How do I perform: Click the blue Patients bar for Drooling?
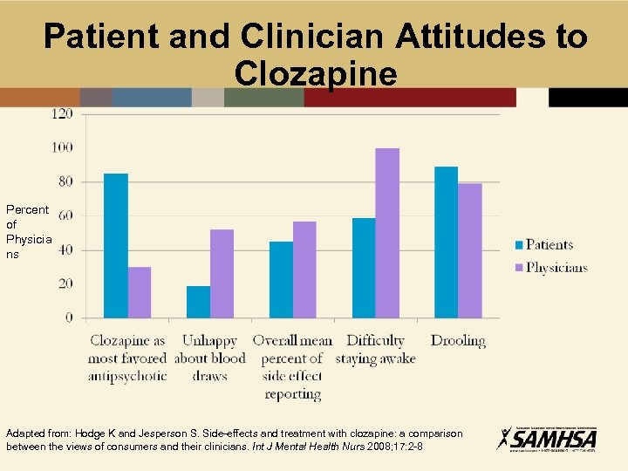[446, 242]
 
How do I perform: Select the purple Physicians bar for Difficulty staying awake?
[386, 233]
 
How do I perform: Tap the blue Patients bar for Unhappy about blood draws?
[198, 302]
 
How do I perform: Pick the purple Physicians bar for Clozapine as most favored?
[140, 292]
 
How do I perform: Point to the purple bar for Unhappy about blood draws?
[222, 273]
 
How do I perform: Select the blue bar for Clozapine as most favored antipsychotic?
[116, 245]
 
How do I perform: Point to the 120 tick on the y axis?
[63, 113]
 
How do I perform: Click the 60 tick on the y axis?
[65, 215]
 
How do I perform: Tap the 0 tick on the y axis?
[69, 318]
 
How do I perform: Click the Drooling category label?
[457, 341]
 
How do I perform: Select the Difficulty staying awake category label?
[375, 350]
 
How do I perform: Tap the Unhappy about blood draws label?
[209, 358]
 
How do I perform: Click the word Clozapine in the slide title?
[316, 73]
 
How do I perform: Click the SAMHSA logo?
[546, 437]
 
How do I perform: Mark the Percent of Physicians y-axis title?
[28, 232]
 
